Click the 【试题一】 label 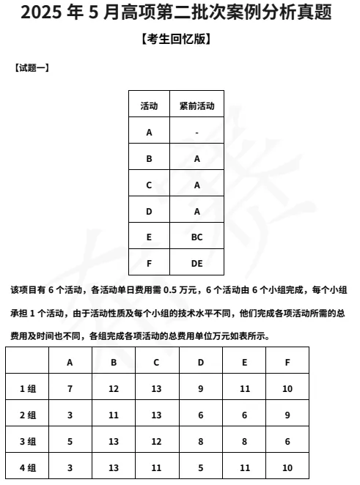32,68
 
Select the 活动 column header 149,105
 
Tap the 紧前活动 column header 196,105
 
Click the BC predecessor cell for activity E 196,237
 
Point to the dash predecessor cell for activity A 196,133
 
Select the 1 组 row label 27,388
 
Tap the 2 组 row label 27,415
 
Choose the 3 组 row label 27,441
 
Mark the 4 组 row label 27,467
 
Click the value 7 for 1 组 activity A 70,388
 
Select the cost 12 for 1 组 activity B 114,388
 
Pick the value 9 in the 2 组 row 287,415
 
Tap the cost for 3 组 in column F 287,441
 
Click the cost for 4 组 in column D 200,467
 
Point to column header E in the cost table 244,362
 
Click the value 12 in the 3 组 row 157,441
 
